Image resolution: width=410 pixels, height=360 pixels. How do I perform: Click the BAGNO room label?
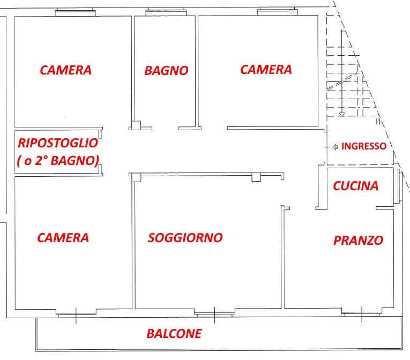point(166,71)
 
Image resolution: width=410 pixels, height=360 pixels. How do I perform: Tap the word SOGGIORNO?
point(185,238)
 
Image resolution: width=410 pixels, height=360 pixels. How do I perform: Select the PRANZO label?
point(358,240)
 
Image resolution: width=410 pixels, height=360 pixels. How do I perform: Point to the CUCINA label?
point(356,186)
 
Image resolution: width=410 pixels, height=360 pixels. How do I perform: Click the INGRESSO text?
point(364,146)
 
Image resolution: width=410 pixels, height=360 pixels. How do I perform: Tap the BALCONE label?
point(174,334)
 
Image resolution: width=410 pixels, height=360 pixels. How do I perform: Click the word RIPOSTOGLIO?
point(58,143)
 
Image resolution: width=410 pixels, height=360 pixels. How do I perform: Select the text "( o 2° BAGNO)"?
point(58,161)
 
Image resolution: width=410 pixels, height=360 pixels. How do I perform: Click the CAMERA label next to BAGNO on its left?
point(65,70)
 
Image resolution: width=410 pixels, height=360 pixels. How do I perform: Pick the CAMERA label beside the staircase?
point(266,70)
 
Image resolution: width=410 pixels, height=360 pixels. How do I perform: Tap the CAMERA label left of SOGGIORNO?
point(63,238)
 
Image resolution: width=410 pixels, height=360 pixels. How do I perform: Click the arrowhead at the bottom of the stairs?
point(342,114)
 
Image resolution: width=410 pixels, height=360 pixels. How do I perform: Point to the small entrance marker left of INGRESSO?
point(335,147)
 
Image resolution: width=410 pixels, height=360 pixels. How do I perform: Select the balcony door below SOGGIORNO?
point(215,313)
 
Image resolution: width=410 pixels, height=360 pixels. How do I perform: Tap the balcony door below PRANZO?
point(362,312)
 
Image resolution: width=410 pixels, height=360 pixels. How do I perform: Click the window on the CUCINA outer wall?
point(397,186)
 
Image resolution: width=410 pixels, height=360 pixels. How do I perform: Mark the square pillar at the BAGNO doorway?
point(136,125)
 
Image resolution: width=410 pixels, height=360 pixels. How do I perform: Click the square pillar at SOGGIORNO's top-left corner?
point(137,177)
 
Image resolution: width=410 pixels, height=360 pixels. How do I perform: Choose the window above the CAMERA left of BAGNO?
point(76,12)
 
